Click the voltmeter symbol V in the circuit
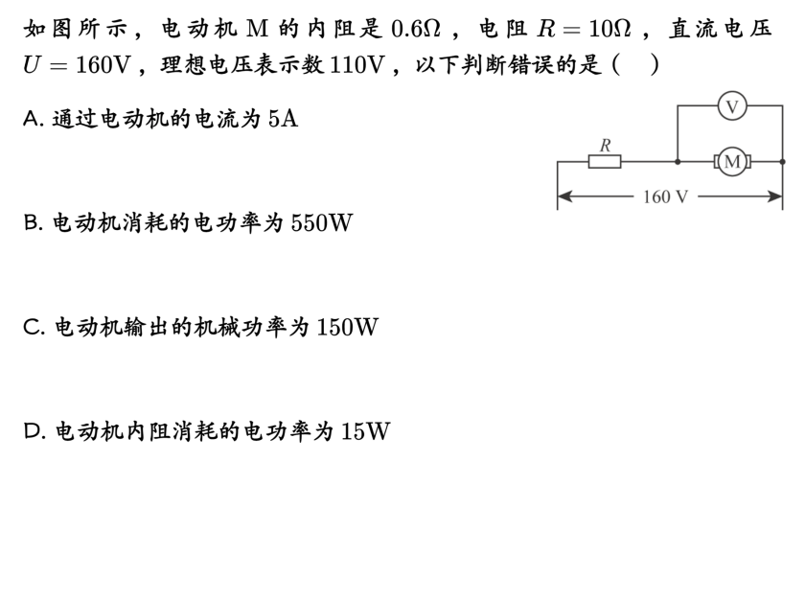(732, 106)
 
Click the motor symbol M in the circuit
(732, 162)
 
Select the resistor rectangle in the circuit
(605, 162)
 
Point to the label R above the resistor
(605, 145)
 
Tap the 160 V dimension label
(665, 197)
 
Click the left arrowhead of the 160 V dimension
(563, 196)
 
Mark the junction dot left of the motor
(678, 162)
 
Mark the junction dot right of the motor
(782, 162)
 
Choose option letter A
(32, 119)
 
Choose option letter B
(32, 223)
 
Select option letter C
(32, 328)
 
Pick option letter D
(32, 431)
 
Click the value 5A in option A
(283, 119)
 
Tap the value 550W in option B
(322, 223)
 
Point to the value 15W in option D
(365, 431)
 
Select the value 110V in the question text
(356, 65)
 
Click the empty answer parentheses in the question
(634, 65)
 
